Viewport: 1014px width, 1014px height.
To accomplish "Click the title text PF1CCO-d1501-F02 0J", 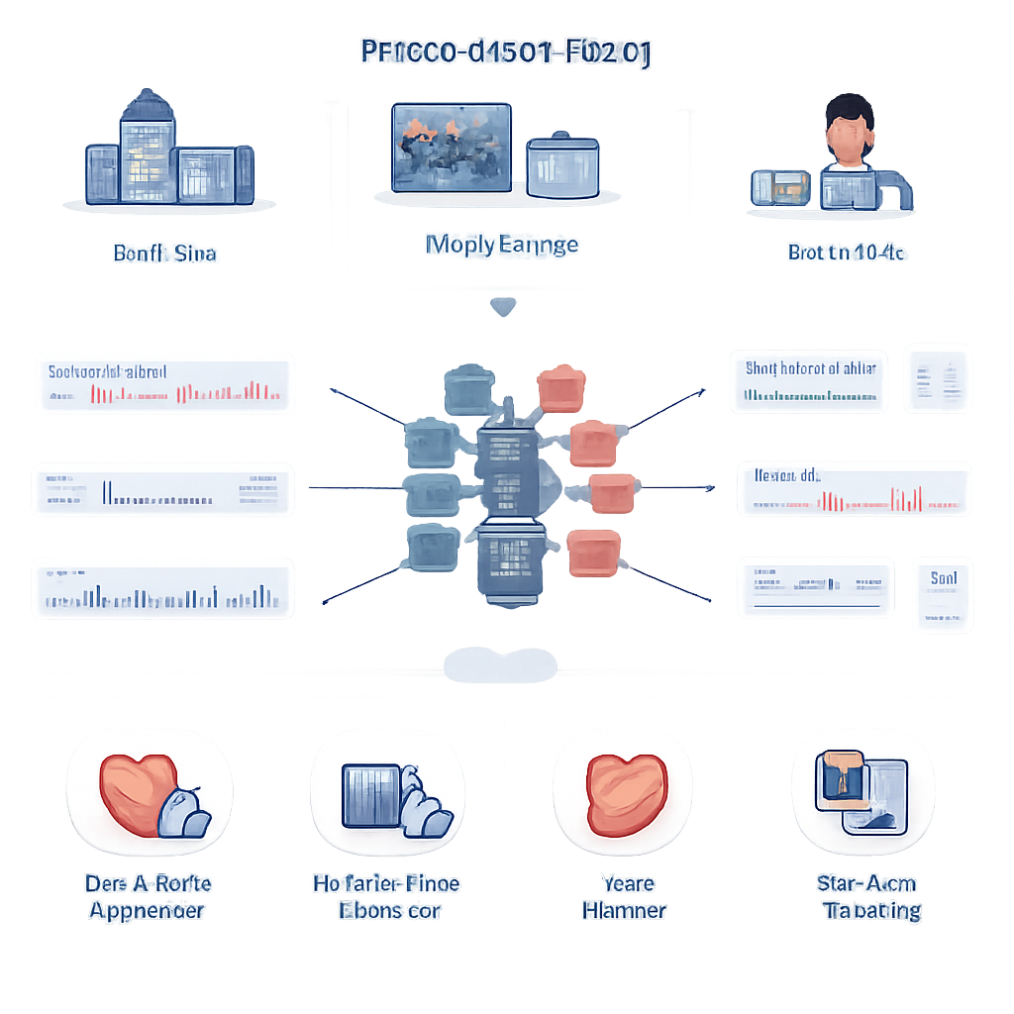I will coord(505,52).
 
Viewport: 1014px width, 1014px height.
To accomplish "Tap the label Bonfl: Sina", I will coord(164,253).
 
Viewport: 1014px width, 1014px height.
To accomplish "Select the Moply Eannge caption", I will coord(501,245).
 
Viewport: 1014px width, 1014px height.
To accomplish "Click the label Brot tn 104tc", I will coord(845,253).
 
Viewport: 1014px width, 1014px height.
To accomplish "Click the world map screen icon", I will coord(452,147).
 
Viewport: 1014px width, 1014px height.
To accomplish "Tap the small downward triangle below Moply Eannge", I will coord(503,308).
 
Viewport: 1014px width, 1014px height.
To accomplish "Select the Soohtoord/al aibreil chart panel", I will coord(163,382).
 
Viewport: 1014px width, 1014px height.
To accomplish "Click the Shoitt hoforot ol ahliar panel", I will coord(809,381).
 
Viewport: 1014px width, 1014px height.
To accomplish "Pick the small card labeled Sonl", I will coord(943,594).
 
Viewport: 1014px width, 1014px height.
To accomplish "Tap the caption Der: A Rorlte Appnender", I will coord(149,896).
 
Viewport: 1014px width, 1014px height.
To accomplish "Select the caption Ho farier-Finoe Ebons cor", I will coord(386,896).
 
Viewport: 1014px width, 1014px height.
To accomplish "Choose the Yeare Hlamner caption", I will coord(624,896).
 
